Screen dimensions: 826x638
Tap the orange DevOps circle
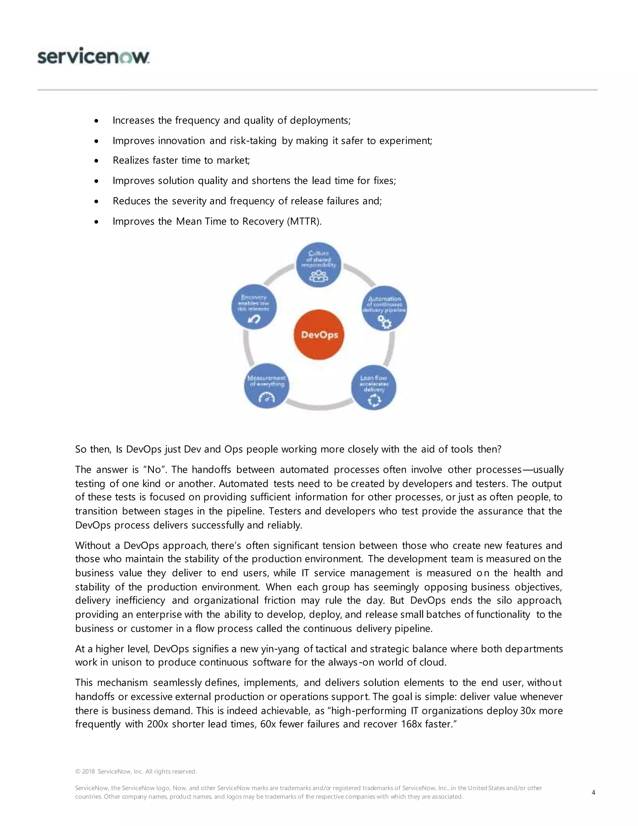pyautogui.click(x=319, y=335)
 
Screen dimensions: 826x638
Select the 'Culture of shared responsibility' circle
pyautogui.click(x=318, y=265)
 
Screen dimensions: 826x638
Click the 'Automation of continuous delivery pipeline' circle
pyautogui.click(x=384, y=308)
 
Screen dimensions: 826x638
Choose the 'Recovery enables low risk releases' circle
pyautogui.click(x=254, y=307)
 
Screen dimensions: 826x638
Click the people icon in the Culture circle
pyautogui.click(x=318, y=276)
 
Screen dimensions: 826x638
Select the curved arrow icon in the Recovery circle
pyautogui.click(x=254, y=319)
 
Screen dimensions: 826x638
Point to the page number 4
pyautogui.click(x=593, y=792)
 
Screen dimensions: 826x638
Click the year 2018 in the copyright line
pyautogui.click(x=88, y=771)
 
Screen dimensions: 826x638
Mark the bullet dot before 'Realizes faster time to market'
pyautogui.click(x=97, y=161)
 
